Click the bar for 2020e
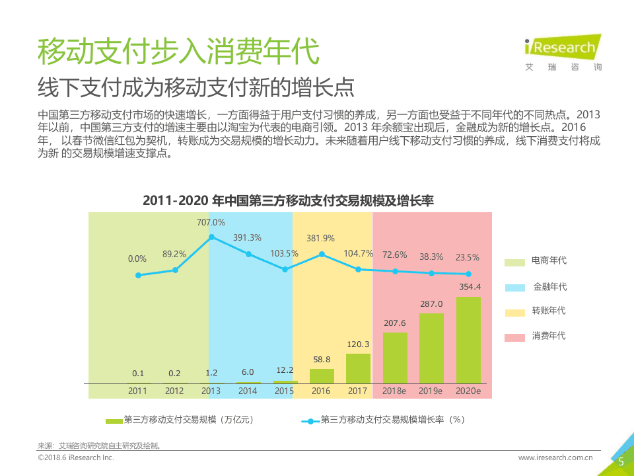pyautogui.click(x=468, y=340)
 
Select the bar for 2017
pyautogui.click(x=358, y=368)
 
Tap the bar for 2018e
pyautogui.click(x=395, y=358)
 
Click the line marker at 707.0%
pyautogui.click(x=211, y=237)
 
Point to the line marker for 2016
pyautogui.click(x=322, y=254)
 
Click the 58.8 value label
pyautogui.click(x=322, y=359)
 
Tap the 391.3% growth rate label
pyautogui.click(x=247, y=237)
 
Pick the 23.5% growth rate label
pyautogui.click(x=468, y=257)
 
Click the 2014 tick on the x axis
pyautogui.click(x=248, y=391)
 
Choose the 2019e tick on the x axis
pyautogui.click(x=431, y=391)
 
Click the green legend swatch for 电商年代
pyautogui.click(x=515, y=262)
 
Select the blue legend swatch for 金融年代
pyautogui.click(x=515, y=288)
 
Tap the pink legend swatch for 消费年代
pyautogui.click(x=515, y=337)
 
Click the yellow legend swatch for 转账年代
pyautogui.click(x=515, y=312)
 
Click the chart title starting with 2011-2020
pyautogui.click(x=288, y=201)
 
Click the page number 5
pyautogui.click(x=621, y=462)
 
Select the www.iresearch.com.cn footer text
pyautogui.click(x=555, y=457)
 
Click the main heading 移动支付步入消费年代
pyautogui.click(x=178, y=51)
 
